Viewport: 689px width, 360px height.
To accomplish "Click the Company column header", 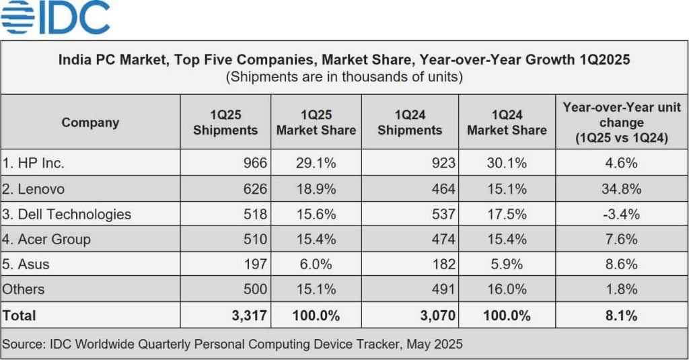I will click(x=90, y=122).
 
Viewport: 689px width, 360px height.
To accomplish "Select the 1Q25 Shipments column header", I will click(x=225, y=122).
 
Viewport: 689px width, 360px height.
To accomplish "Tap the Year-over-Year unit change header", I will click(x=622, y=122).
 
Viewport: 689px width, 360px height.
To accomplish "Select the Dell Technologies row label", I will click(x=67, y=214).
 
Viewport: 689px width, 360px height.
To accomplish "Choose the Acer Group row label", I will click(x=47, y=239).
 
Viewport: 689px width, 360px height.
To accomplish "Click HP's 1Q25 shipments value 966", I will click(x=255, y=163).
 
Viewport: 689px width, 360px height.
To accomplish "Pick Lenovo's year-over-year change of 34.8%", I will click(x=621, y=189).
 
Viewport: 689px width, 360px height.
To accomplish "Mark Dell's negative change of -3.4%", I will click(x=621, y=214).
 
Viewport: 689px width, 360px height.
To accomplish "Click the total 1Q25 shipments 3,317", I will click(x=248, y=315).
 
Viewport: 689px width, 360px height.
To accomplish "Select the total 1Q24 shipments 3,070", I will click(x=436, y=315).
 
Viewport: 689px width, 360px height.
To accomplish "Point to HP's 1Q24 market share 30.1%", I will click(x=507, y=163).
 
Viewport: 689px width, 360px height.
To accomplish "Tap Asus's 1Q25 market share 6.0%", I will click(x=316, y=264).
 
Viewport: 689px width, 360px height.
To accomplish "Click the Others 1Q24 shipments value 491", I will click(x=443, y=289).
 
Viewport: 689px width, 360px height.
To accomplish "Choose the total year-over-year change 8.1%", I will click(x=621, y=315).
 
